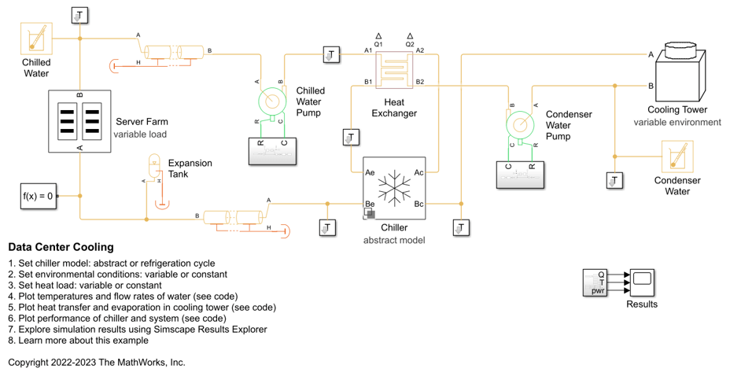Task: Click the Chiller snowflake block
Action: tap(394, 188)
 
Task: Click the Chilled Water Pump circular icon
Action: tap(272, 101)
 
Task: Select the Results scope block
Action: tap(642, 282)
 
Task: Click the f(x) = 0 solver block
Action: tap(39, 196)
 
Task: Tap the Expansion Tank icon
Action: tap(154, 169)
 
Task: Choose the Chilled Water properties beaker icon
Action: tap(36, 39)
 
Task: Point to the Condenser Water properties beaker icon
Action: tap(677, 157)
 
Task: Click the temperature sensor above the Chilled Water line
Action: tap(79, 15)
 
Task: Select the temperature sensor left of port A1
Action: tap(331, 54)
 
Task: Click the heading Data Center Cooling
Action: tap(61, 247)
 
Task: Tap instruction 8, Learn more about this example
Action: tap(78, 341)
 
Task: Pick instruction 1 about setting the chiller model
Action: tap(111, 264)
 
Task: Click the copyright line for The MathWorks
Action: tap(97, 363)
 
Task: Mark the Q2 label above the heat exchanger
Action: tap(410, 45)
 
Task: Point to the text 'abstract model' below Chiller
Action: tap(393, 240)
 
